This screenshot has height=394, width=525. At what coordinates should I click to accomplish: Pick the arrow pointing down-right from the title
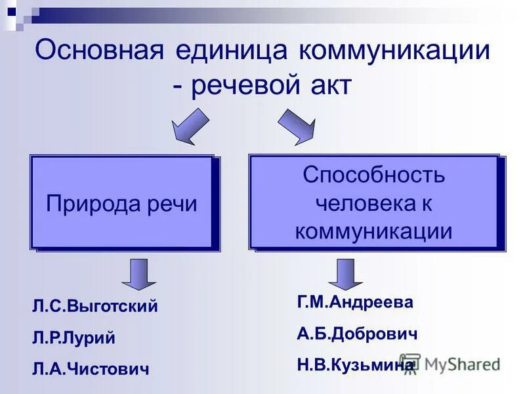295,126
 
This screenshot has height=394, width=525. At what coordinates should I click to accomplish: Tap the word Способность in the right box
373,175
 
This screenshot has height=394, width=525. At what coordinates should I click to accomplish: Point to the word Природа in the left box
87,204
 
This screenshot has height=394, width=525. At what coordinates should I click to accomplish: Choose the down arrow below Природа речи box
138,274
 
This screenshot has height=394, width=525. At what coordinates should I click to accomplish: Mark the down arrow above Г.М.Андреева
346,274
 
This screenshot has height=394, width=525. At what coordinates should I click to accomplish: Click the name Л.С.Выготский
95,307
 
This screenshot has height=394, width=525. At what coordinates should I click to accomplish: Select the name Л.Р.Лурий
73,338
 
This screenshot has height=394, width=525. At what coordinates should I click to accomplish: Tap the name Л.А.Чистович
91,369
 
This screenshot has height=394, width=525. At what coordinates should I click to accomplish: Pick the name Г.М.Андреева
355,302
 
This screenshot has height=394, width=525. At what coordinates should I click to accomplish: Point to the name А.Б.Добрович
357,334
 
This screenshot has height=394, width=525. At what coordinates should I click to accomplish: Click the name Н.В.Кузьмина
355,364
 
